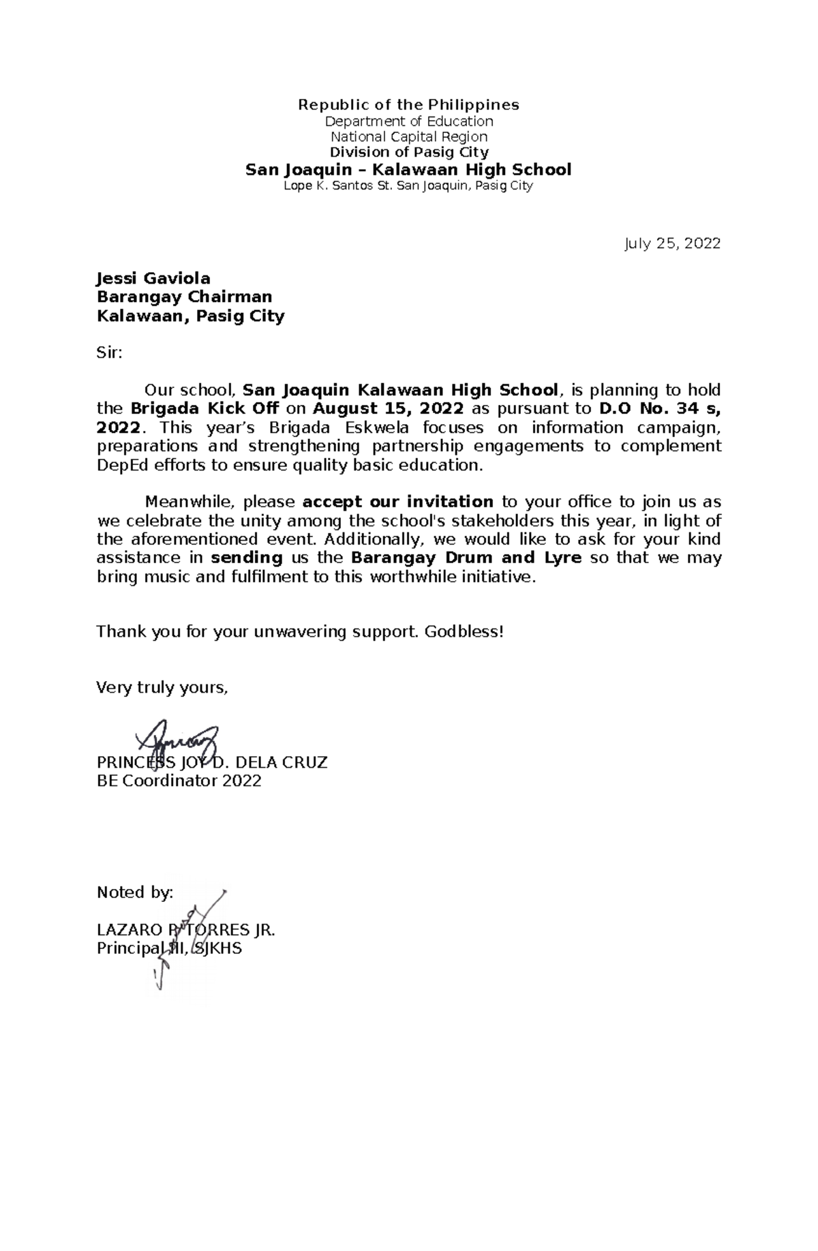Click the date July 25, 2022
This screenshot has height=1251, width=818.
[x=672, y=243]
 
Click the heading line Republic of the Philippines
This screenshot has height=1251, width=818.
[x=408, y=104]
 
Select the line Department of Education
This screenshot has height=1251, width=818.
[x=408, y=121]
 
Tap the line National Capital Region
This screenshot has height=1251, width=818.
[x=408, y=136]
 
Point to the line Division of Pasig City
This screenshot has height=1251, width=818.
[x=408, y=152]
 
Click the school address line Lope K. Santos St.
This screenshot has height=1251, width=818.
[x=408, y=185]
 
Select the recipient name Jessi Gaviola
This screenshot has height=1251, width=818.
[x=153, y=278]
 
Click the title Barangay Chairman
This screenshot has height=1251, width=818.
[x=184, y=297]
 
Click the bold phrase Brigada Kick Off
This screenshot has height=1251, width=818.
[x=204, y=409]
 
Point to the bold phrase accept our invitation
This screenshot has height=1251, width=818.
[x=397, y=502]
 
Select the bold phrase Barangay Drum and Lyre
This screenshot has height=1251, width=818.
[x=466, y=558]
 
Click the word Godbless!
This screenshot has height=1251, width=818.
[x=464, y=632]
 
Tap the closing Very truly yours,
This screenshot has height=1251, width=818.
[x=162, y=688]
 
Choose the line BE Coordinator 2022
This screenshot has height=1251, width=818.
[x=179, y=781]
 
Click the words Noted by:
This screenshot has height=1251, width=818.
[x=135, y=893]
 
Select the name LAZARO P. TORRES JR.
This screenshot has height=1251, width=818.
[x=185, y=931]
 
